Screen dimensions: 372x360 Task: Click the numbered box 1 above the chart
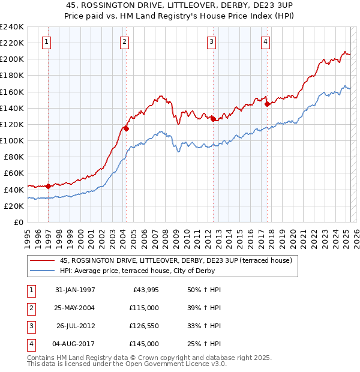[47, 41]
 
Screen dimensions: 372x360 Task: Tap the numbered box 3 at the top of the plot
[212, 41]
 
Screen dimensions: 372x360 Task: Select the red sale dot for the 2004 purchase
[126, 128]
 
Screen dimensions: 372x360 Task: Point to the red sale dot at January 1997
[48, 186]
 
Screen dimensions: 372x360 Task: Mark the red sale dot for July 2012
[213, 119]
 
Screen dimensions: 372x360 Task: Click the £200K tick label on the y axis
[12, 59]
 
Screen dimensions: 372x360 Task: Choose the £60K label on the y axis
[14, 173]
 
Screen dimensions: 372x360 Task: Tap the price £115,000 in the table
[144, 308]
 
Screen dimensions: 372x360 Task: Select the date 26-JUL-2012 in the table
[76, 326]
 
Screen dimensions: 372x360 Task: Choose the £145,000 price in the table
[144, 344]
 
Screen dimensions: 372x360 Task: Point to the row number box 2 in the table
[31, 308]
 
